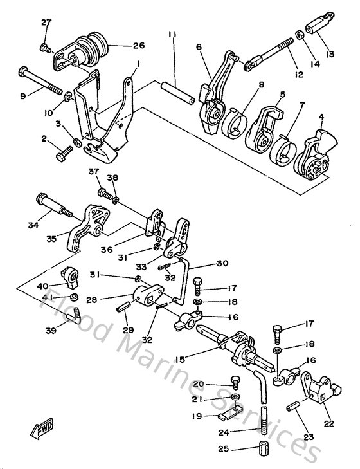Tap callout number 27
[46, 23]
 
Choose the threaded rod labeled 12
[273, 55]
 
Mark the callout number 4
[321, 117]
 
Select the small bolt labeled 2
[66, 154]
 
